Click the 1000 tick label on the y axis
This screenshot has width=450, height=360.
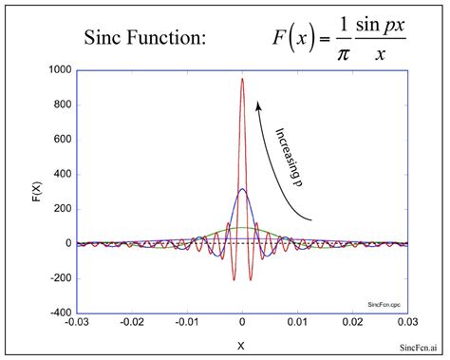60,70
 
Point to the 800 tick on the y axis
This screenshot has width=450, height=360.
63,104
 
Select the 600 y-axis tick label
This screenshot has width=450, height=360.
63,140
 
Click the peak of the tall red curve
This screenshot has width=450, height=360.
242,79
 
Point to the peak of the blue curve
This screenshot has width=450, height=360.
242,189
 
